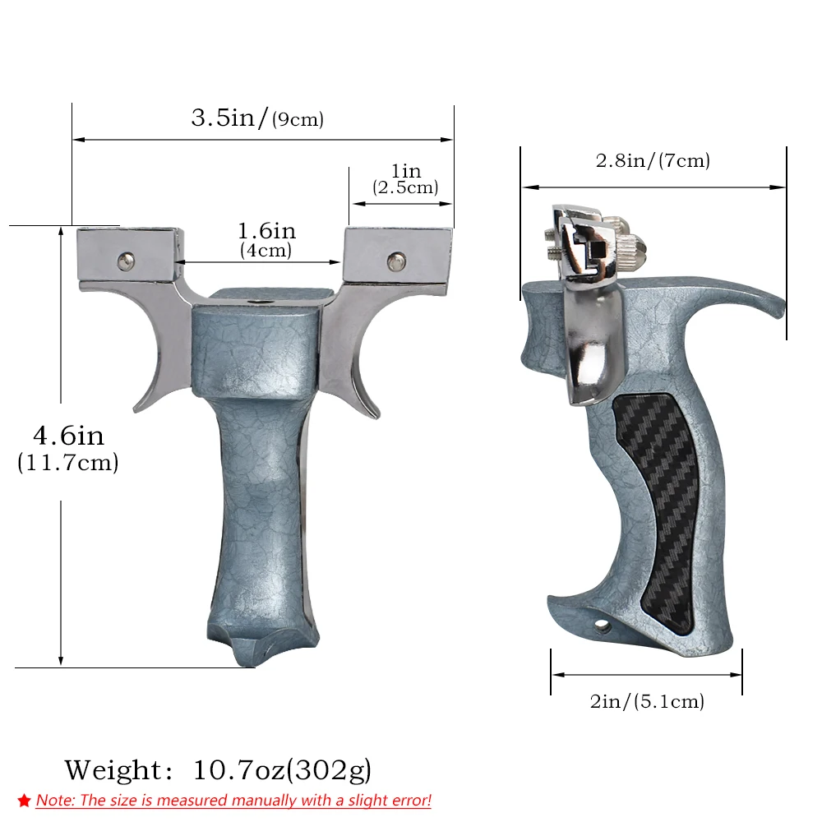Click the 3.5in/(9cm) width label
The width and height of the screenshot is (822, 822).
[257, 118]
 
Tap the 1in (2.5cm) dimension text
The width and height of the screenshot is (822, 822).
[405, 178]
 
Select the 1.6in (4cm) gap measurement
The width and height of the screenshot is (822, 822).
[266, 239]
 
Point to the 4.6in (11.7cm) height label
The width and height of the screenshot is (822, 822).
[68, 448]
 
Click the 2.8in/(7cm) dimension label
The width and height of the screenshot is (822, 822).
[653, 160]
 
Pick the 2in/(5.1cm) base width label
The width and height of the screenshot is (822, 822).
[647, 701]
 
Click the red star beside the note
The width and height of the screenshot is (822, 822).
[24, 801]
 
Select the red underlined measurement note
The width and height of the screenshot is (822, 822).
[233, 801]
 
